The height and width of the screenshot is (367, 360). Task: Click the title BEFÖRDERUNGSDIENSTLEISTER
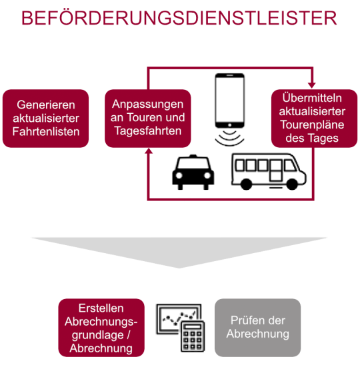(179, 18)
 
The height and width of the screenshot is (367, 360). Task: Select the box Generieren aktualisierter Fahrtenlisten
(46, 119)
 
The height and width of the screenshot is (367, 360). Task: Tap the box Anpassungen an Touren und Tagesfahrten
(148, 119)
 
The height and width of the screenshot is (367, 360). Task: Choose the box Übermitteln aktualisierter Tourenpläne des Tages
(314, 119)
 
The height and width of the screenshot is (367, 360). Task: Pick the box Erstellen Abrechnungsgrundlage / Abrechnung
(101, 328)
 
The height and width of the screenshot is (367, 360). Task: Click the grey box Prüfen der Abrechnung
(257, 328)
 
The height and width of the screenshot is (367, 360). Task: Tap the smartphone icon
(230, 101)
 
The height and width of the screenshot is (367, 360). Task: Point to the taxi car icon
(193, 172)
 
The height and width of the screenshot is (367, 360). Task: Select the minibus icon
(269, 171)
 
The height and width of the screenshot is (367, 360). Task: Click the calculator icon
(193, 336)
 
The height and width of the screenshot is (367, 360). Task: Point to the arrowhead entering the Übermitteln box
(312, 85)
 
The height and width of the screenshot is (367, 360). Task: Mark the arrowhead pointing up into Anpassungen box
(149, 151)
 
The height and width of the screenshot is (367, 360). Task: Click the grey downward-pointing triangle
(179, 252)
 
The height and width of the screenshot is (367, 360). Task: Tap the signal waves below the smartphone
(229, 137)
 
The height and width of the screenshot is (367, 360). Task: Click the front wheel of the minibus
(292, 184)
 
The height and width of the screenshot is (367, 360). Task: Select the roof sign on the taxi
(193, 156)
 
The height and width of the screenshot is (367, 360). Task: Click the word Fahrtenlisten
(46, 131)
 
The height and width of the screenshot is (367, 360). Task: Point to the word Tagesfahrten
(148, 131)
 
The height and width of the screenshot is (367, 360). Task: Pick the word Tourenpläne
(312, 125)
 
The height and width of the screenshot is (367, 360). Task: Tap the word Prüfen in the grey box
(245, 320)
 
